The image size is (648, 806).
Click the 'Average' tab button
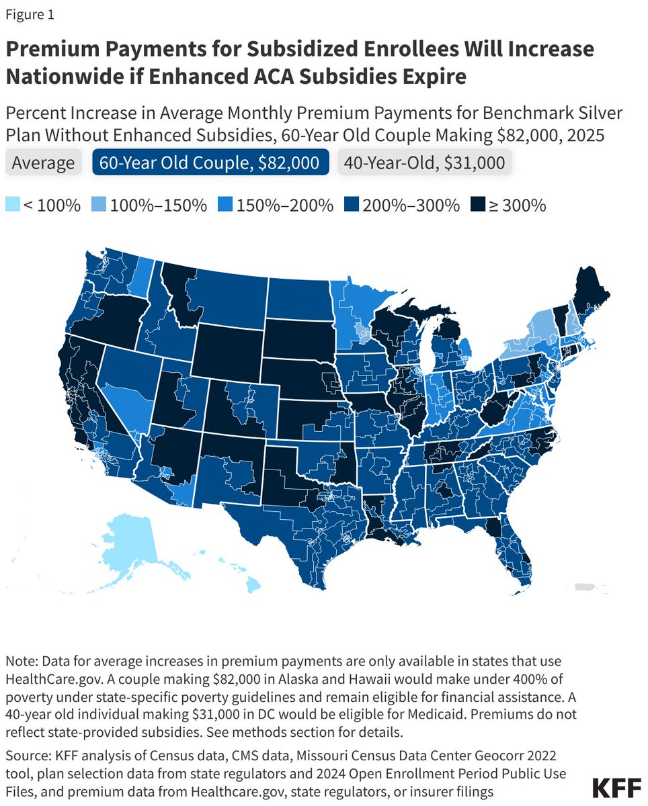pyautogui.click(x=43, y=163)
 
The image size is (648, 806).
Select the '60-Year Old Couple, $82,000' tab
pyautogui.click(x=210, y=163)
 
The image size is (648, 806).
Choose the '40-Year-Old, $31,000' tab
pyautogui.click(x=425, y=163)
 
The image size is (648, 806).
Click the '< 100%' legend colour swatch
pyautogui.click(x=13, y=205)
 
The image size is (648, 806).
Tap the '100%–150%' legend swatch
pyautogui.click(x=97, y=205)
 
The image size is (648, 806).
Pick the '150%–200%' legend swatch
pyautogui.click(x=225, y=205)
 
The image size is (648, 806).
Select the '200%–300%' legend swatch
pyautogui.click(x=352, y=205)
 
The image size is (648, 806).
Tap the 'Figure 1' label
pyautogui.click(x=31, y=13)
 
